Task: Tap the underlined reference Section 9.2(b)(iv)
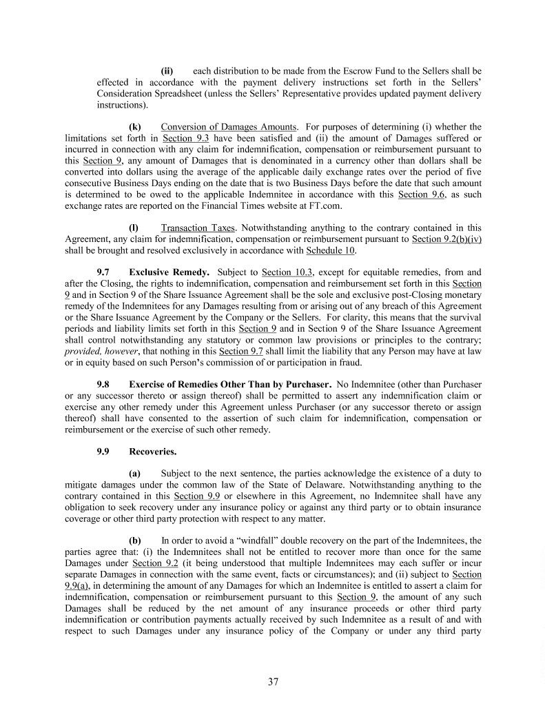pyautogui.click(x=446, y=239)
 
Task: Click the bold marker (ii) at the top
pyautogui.click(x=167, y=71)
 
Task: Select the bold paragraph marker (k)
pyautogui.click(x=135, y=127)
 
